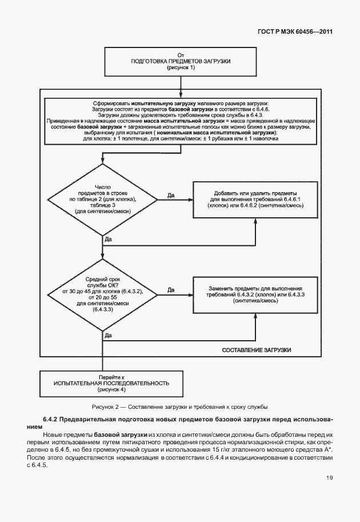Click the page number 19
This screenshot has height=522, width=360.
pyautogui.click(x=329, y=477)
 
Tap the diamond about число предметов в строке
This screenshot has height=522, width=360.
pyautogui.click(x=102, y=200)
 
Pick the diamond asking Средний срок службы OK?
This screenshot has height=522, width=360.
pyautogui.click(x=102, y=293)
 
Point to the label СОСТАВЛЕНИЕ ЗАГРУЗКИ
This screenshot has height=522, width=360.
pyautogui.click(x=257, y=349)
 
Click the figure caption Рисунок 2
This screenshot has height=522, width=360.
pyautogui.click(x=180, y=407)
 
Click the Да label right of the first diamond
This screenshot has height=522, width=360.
pyautogui.click(x=171, y=196)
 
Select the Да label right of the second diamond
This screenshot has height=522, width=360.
pyautogui.click(x=171, y=290)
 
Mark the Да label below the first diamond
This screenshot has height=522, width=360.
pyautogui.click(x=109, y=241)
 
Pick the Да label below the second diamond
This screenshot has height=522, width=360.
pyautogui.click(x=109, y=336)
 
